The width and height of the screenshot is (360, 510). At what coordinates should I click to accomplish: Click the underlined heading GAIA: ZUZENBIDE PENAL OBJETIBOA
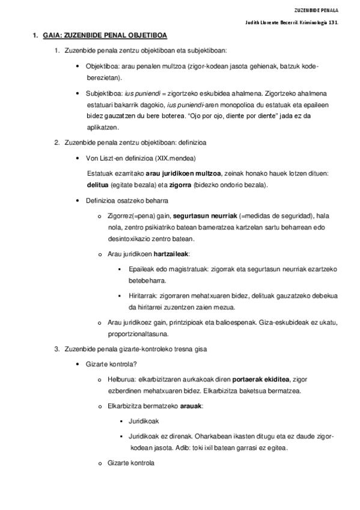click(x=105, y=36)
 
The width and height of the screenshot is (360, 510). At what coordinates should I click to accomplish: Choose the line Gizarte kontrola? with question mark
click(x=111, y=364)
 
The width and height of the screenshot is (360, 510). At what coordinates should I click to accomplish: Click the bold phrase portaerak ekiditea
click(x=260, y=379)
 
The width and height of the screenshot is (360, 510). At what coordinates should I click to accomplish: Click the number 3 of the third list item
click(x=56, y=349)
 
